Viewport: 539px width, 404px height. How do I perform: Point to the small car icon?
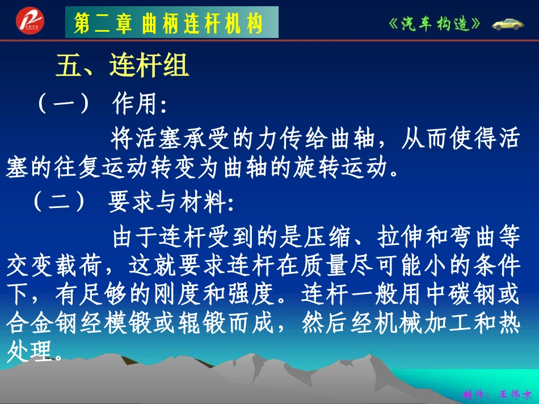point(509,24)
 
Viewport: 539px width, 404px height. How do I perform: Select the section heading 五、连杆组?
point(123,67)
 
